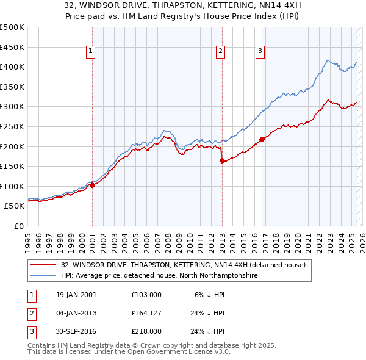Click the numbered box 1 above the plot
pyautogui.click(x=90, y=51)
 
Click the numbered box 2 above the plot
pyautogui.click(x=220, y=51)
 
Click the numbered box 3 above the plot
pyautogui.click(x=260, y=51)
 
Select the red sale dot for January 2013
pyautogui.click(x=221, y=161)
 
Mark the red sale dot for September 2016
pyautogui.click(x=262, y=139)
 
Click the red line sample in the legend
pyautogui.click(x=44, y=265)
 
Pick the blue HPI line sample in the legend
pyautogui.click(x=44, y=275)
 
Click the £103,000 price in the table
pyautogui.click(x=146, y=295)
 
